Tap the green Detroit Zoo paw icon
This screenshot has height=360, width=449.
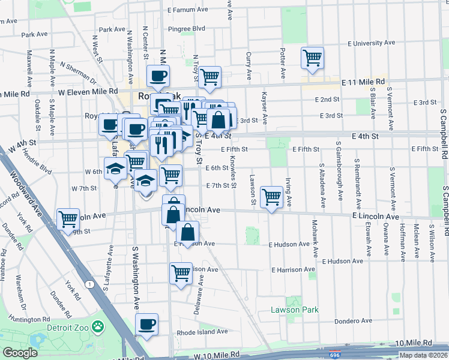coord(97,328)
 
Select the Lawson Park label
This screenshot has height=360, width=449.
coord(294,310)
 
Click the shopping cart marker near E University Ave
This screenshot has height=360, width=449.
coord(312,58)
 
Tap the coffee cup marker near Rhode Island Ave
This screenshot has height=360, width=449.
coord(146,325)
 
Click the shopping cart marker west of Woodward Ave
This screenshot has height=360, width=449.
coord(68,219)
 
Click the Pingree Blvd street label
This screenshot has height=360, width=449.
coord(187,28)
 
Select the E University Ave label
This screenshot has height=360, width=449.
coord(373,43)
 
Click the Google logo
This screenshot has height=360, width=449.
coord(20,353)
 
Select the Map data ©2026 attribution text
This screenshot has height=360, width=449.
coord(424,355)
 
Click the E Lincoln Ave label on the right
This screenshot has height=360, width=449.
coord(375,216)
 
